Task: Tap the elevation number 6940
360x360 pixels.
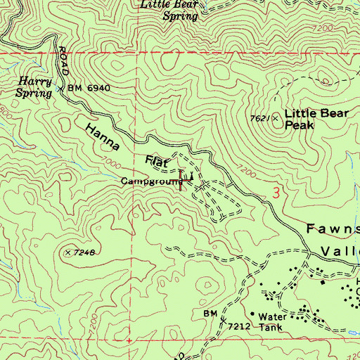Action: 98,89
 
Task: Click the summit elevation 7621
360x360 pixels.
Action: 258,118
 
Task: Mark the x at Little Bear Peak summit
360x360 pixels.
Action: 275,117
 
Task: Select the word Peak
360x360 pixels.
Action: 299,126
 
